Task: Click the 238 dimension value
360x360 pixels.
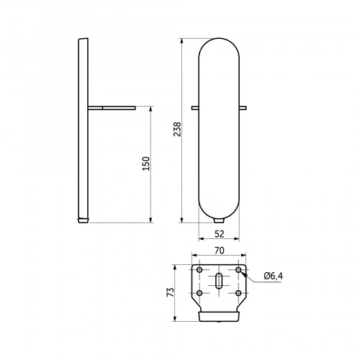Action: point(177,129)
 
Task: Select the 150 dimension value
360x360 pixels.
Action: point(146,163)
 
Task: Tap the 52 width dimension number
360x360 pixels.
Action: point(220,234)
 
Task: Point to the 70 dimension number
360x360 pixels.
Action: point(220,251)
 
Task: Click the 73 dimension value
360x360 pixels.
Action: point(171,292)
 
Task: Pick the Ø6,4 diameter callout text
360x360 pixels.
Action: point(274,276)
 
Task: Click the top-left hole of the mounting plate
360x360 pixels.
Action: point(199,270)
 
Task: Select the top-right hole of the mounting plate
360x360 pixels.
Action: point(238,270)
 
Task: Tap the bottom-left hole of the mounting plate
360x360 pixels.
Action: point(199,293)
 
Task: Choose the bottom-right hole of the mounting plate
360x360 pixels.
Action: point(238,293)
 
